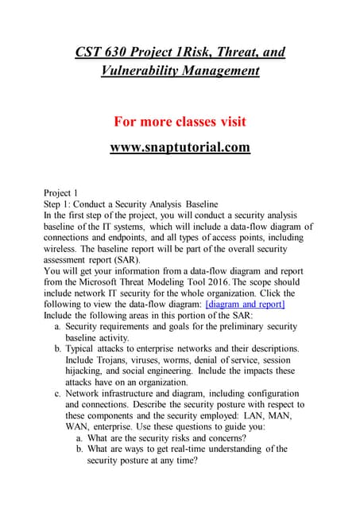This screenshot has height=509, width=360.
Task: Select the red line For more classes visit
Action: (x=180, y=122)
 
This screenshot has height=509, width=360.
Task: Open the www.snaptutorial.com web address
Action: (x=180, y=147)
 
